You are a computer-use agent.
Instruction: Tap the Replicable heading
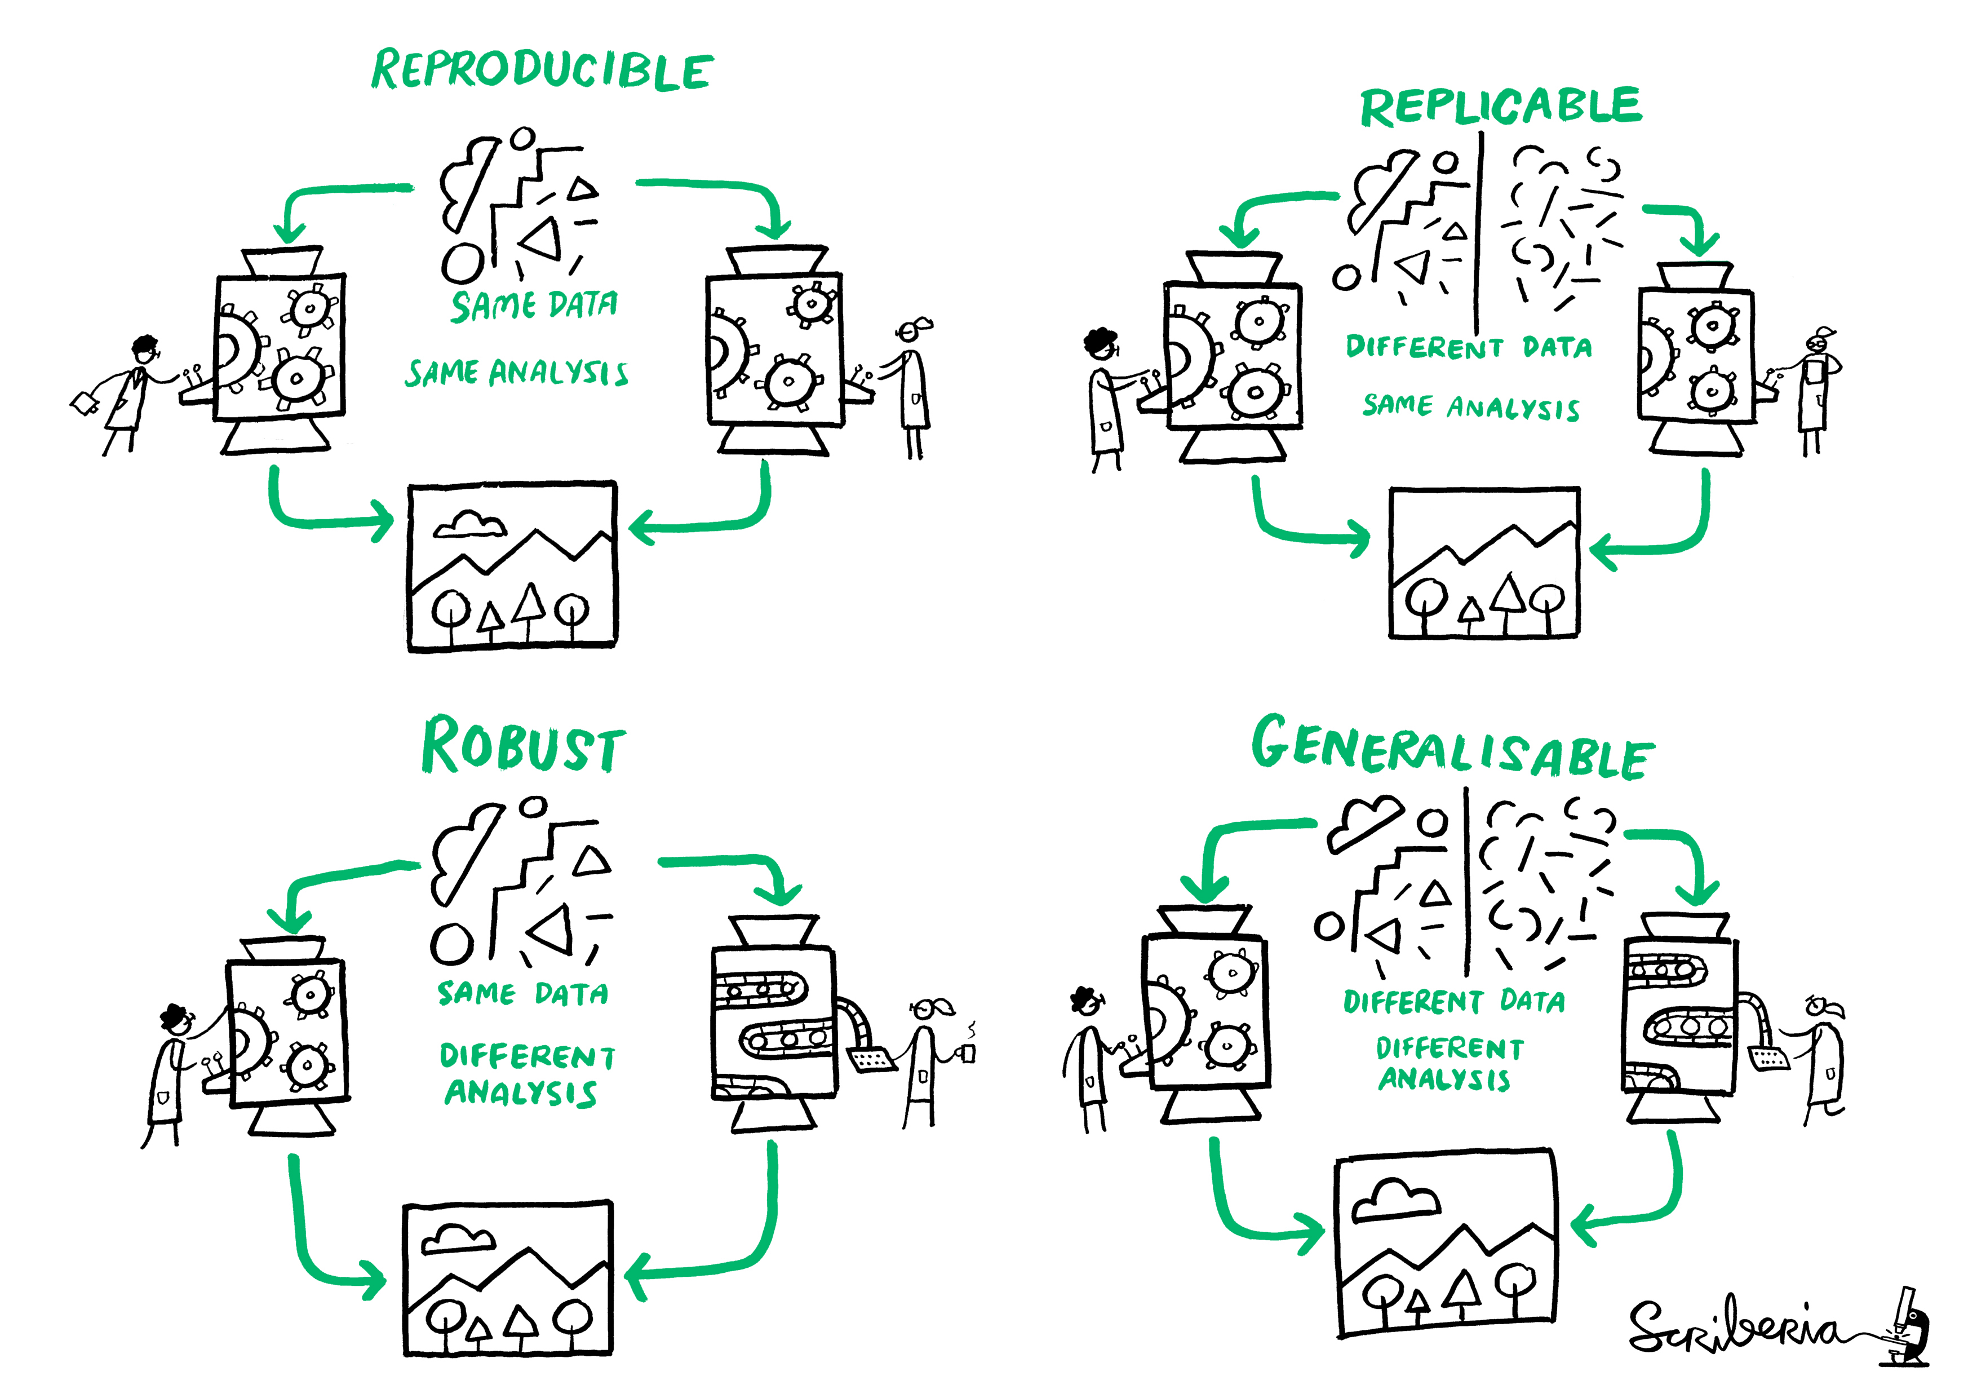[x=1500, y=107]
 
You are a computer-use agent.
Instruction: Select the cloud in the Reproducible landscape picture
[x=469, y=524]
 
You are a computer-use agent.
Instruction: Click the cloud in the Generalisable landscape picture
[x=1395, y=1200]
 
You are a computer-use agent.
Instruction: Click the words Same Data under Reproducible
[x=534, y=305]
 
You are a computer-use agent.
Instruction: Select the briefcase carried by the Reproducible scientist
[x=85, y=403]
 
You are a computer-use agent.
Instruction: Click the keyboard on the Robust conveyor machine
[x=871, y=1059]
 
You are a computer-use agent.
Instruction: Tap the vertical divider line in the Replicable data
[x=1478, y=233]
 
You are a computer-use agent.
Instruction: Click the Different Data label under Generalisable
[x=1453, y=1001]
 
